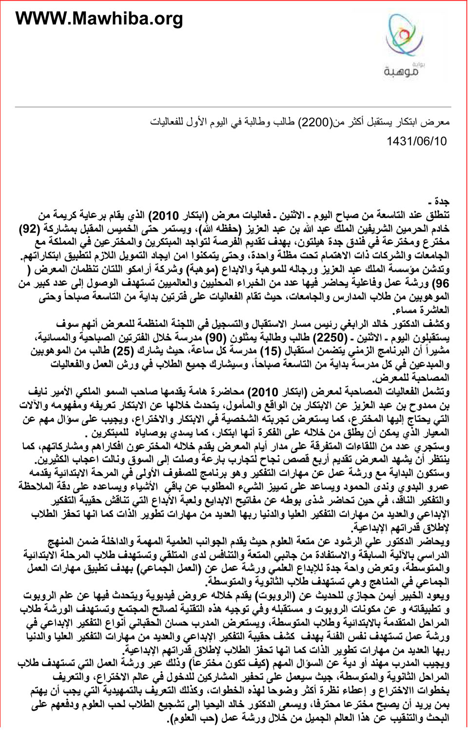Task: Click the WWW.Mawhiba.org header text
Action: click(99, 19)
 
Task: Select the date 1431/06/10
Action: click(416, 141)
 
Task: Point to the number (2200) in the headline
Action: click(315, 122)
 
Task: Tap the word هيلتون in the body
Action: click(307, 242)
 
